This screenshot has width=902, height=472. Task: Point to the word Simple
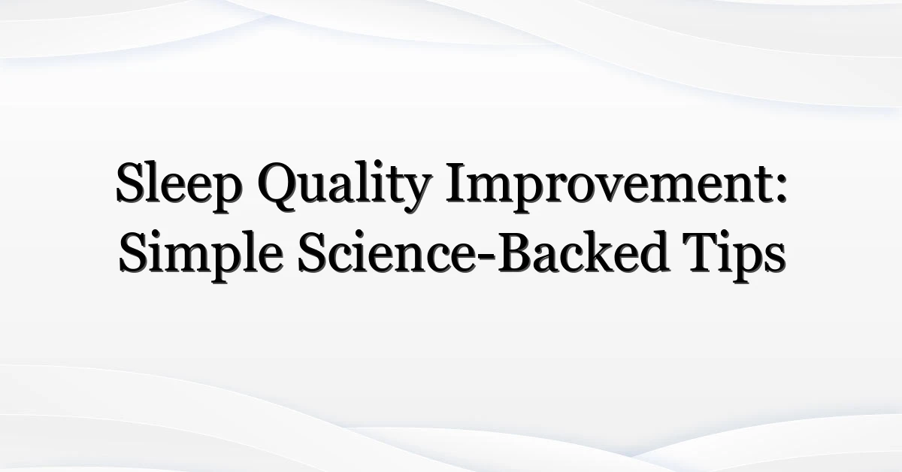point(200,256)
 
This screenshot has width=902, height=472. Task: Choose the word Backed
point(583,252)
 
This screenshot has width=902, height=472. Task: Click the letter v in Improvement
point(636,189)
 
